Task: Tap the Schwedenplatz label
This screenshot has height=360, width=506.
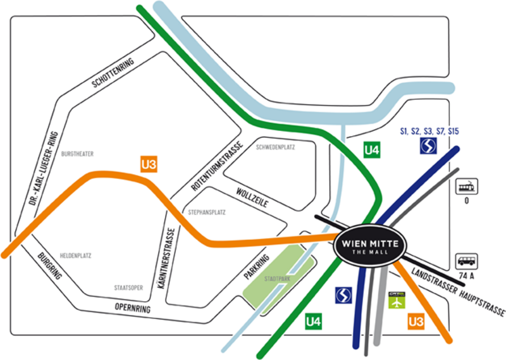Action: pyautogui.click(x=276, y=147)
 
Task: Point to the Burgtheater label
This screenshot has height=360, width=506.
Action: pyautogui.click(x=78, y=154)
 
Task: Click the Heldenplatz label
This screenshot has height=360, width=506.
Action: pyautogui.click(x=76, y=256)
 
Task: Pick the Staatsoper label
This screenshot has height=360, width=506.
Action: pyautogui.click(x=129, y=288)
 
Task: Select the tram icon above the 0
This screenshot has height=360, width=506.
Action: pyautogui.click(x=467, y=187)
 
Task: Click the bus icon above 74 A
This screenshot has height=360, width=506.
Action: pyautogui.click(x=467, y=261)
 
